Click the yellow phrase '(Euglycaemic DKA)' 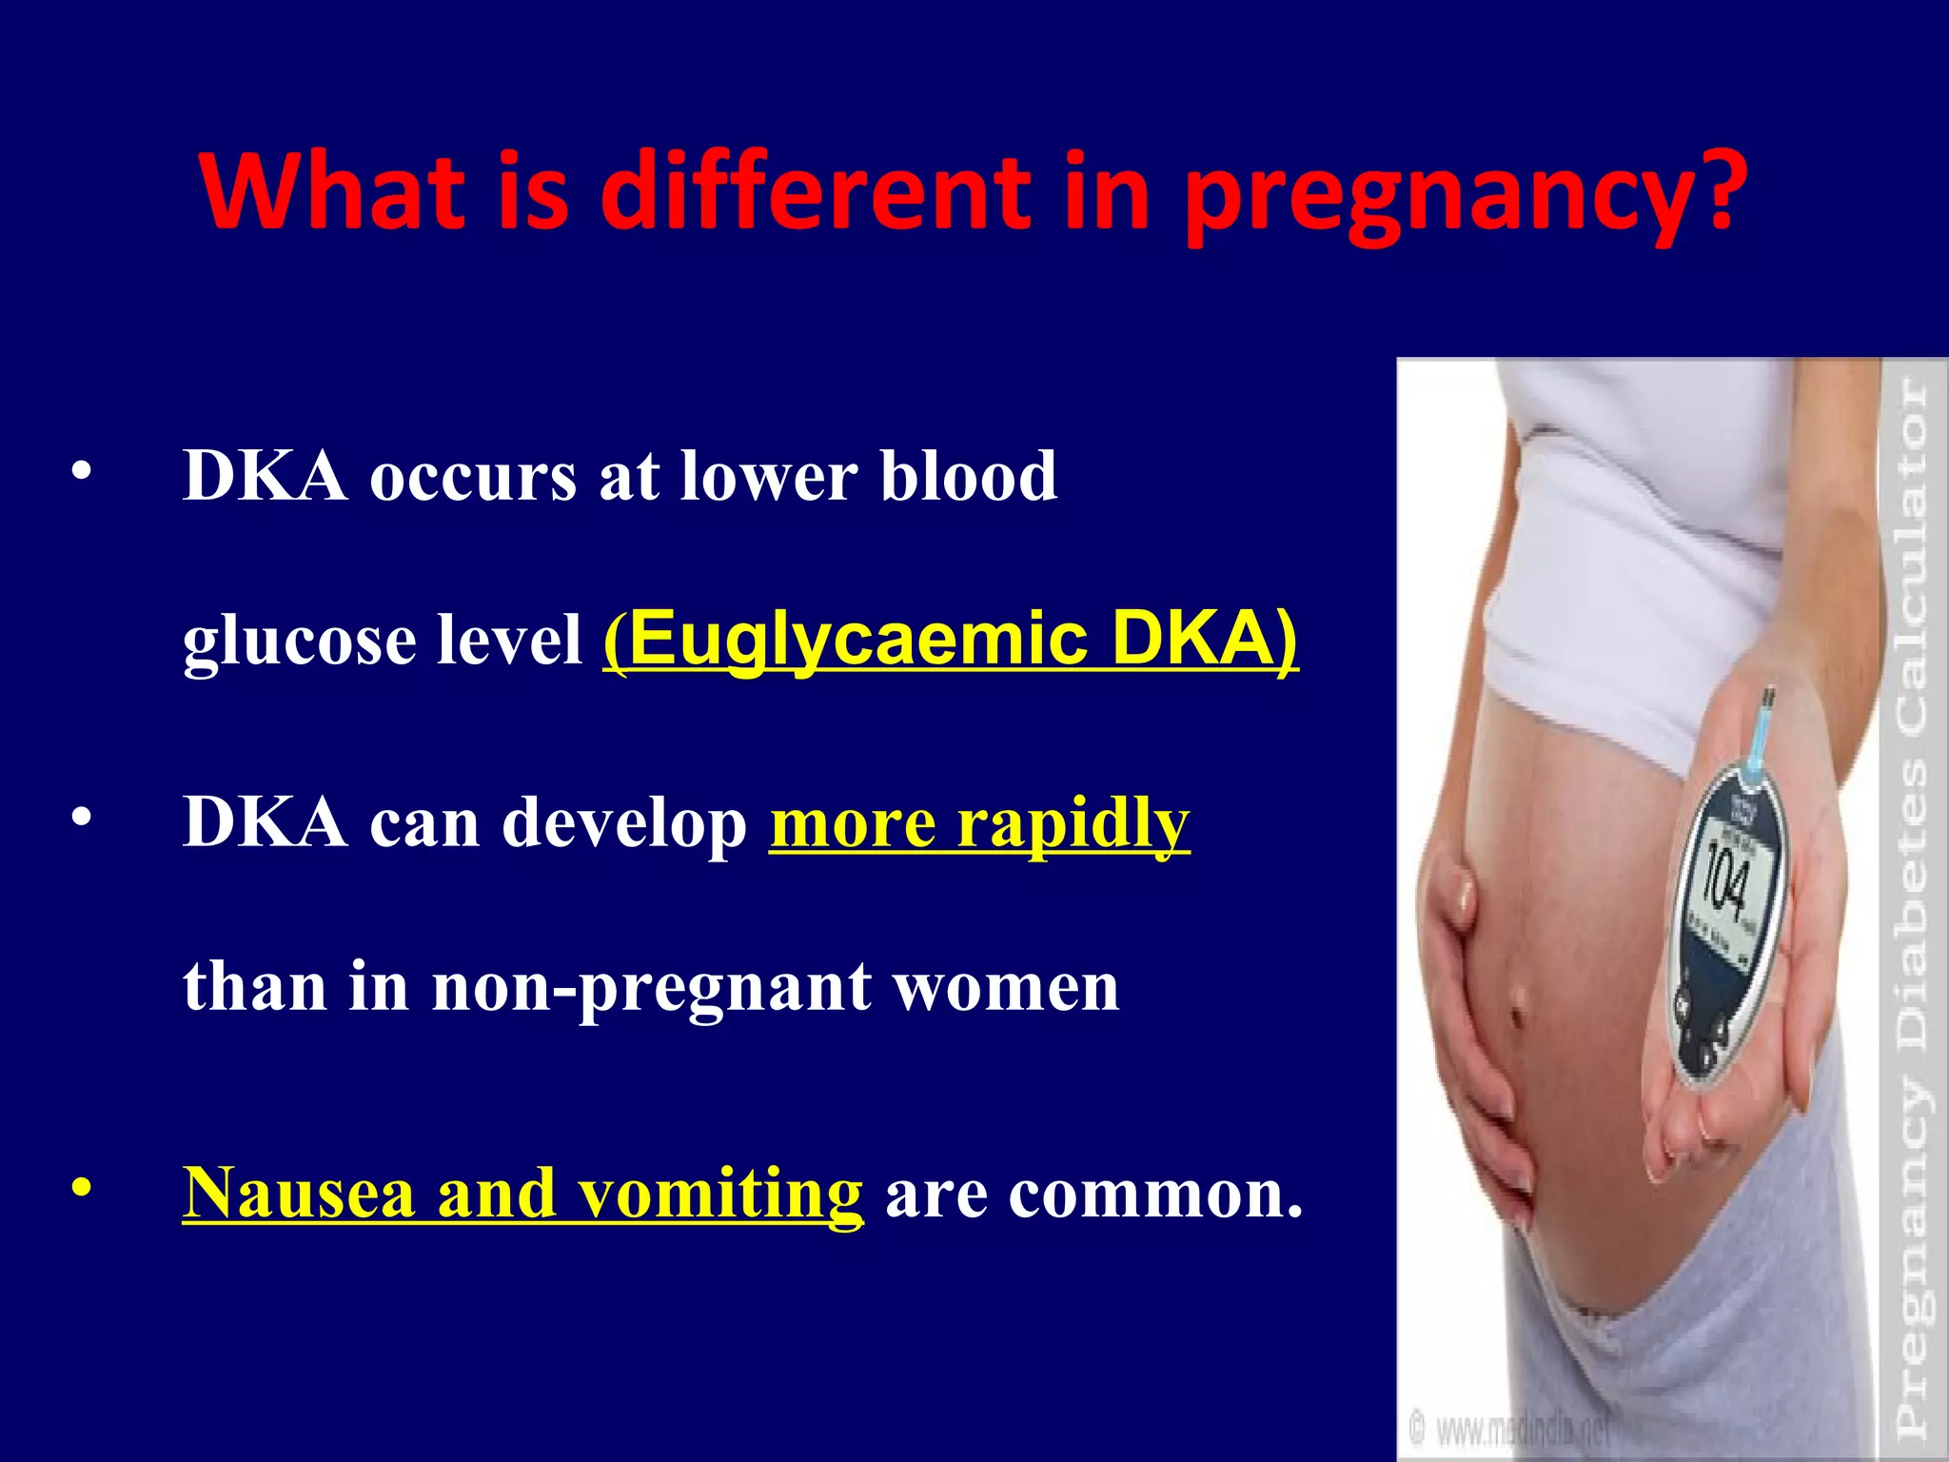(x=950, y=639)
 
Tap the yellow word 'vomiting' (x=720, y=1194)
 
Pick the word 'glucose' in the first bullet (x=298, y=641)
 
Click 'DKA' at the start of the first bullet (x=265, y=475)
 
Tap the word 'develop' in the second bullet (x=624, y=824)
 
